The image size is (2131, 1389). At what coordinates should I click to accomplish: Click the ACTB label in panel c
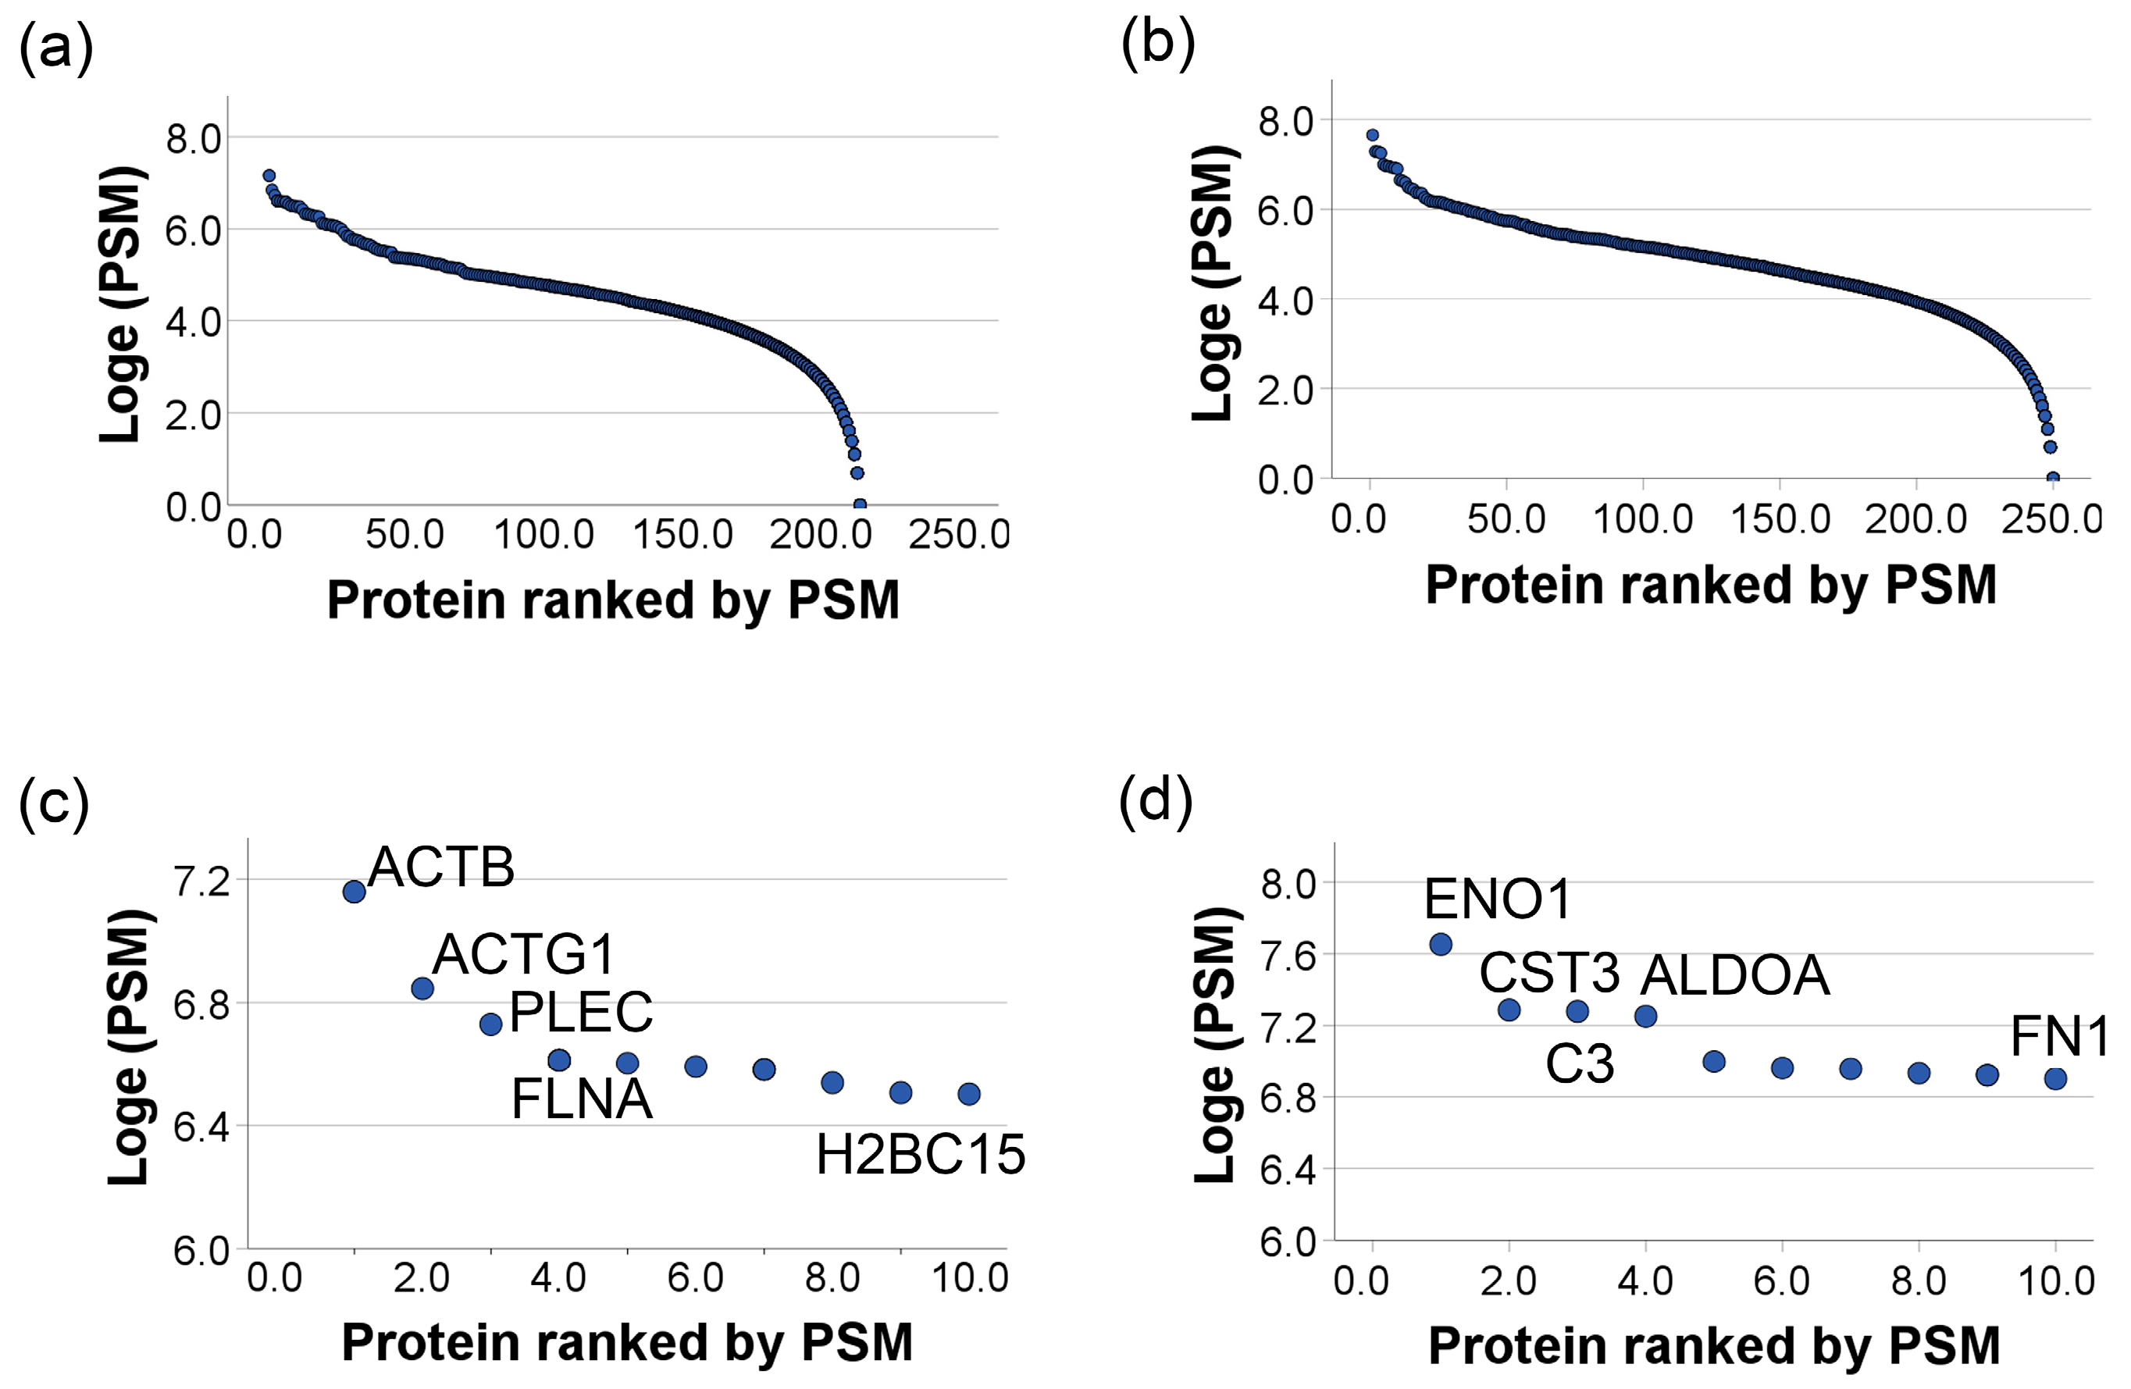[440, 867]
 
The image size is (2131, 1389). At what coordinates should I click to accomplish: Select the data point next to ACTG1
[422, 988]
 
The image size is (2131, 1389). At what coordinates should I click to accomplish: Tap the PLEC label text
[580, 1013]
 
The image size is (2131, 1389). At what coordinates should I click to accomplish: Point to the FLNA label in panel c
[581, 1100]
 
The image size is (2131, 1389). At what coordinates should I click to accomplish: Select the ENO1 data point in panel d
[1441, 944]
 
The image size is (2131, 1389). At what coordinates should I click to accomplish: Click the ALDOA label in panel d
[1734, 975]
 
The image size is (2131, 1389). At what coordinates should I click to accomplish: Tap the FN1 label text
[2058, 1037]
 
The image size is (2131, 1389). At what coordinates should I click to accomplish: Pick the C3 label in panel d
[1580, 1065]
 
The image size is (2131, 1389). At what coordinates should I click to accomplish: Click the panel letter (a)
[55, 49]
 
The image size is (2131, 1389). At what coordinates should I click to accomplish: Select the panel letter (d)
[1155, 800]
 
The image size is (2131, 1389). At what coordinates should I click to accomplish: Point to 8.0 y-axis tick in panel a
[193, 140]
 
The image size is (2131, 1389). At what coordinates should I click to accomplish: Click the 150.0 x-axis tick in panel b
[1780, 519]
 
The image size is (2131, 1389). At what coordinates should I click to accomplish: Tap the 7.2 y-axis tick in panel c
[202, 882]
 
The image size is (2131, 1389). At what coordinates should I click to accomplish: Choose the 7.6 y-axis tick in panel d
[1288, 956]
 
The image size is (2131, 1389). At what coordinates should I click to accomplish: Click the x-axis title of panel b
[1710, 585]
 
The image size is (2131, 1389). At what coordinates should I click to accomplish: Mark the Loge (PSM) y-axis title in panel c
[128, 1048]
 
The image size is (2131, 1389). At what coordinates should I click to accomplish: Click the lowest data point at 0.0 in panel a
[860, 505]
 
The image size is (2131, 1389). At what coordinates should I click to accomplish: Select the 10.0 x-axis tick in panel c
[970, 1278]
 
